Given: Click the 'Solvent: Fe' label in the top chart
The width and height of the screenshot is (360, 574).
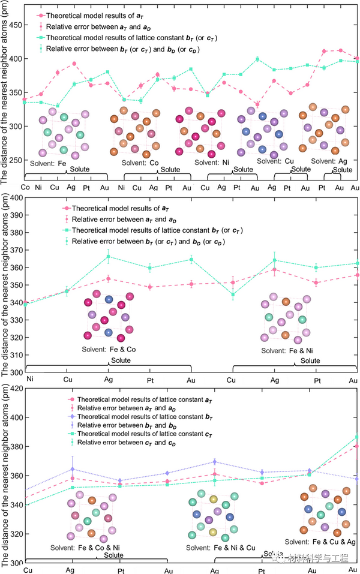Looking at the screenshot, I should [47, 163].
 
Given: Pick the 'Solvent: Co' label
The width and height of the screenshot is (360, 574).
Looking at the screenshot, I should [138, 163].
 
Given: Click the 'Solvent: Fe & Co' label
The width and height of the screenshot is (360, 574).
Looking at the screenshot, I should [109, 348].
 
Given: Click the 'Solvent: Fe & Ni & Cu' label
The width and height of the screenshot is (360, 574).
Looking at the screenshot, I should [220, 548].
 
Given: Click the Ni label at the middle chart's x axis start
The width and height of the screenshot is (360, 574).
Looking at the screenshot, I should [29, 379].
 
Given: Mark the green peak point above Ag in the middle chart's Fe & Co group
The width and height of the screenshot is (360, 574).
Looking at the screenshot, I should [109, 257].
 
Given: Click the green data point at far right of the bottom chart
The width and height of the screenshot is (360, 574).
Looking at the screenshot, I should [356, 437].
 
